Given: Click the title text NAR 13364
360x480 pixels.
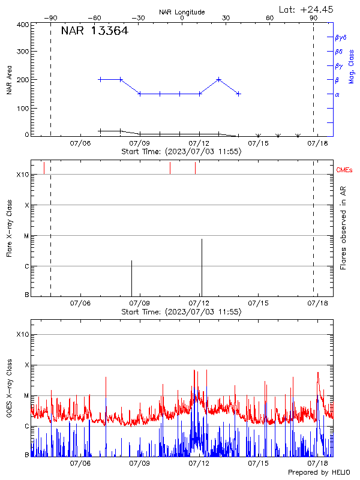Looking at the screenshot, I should tap(94, 32).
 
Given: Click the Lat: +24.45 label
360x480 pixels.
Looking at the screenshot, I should tap(307, 9).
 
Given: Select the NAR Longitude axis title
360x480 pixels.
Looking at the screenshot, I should tap(182, 12).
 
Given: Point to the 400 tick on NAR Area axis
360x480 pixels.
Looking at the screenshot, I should tap(23, 25).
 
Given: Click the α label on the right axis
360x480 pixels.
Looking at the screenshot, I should tap(337, 94).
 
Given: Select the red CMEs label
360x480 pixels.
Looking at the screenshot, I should tap(345, 171).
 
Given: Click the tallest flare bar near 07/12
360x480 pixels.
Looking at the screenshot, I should tap(202, 267).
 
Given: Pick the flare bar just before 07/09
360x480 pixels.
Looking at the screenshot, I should tap(132, 278).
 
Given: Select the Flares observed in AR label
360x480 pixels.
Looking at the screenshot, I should tap(343, 228).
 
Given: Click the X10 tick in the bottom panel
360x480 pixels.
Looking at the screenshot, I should tap(22, 334).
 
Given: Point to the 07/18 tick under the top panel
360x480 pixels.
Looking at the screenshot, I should tap(317, 143).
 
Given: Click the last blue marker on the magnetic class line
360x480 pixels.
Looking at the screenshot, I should tap(239, 94).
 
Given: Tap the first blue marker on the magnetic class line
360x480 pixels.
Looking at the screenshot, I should tap(100, 79).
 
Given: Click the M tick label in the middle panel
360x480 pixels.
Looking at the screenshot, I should tap(26, 236).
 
